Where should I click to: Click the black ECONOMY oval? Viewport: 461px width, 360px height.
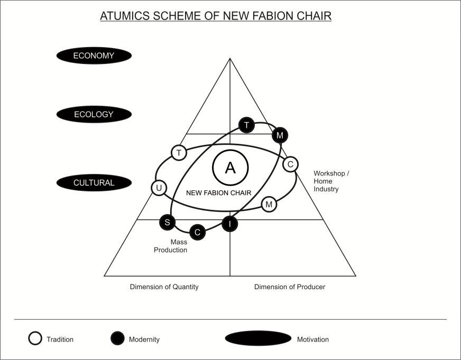tap(94, 56)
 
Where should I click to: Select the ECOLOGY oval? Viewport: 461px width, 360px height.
tap(94, 114)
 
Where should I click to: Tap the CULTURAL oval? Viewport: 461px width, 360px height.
tap(94, 183)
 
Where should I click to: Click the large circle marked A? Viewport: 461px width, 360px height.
tap(230, 168)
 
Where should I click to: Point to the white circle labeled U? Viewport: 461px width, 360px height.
tap(159, 188)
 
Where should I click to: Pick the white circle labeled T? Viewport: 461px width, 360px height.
tap(179, 153)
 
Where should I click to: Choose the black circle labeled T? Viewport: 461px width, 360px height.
tap(246, 125)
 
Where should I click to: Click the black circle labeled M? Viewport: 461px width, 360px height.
tap(280, 135)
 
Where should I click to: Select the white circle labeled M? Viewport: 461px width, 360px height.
tap(269, 204)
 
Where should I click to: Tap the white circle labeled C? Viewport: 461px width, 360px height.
tap(290, 164)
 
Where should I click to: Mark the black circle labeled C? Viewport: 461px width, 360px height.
tap(197, 232)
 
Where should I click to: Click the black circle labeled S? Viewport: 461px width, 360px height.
tap(167, 222)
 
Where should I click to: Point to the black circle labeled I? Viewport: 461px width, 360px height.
tap(229, 224)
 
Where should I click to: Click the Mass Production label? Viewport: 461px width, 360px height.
tap(171, 246)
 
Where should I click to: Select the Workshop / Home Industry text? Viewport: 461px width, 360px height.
tap(331, 181)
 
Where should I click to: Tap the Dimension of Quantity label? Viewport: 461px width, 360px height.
tap(164, 287)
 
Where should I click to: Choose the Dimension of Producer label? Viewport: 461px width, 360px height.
tap(290, 287)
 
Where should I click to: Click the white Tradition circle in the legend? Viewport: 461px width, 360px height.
tap(35, 339)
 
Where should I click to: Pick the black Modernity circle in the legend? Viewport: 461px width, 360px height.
tap(117, 339)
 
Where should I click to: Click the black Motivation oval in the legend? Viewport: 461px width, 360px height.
tap(258, 339)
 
